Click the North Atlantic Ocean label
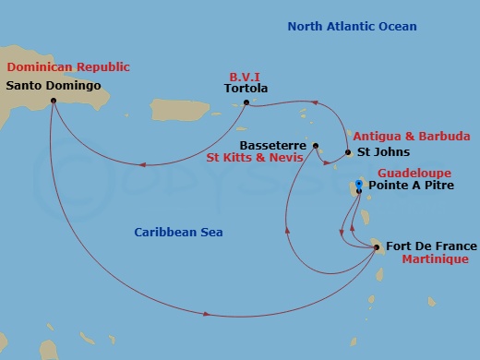[352, 27]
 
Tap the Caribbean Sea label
[177, 233]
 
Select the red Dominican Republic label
[68, 67]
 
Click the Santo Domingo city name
[53, 86]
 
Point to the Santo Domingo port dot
[53, 100]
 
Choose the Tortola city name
[246, 89]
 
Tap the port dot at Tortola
[246, 102]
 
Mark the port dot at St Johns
[348, 151]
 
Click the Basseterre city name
[273, 146]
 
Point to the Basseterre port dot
[316, 146]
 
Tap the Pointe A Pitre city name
[411, 185]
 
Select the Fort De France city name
[431, 246]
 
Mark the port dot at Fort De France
[376, 246]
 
